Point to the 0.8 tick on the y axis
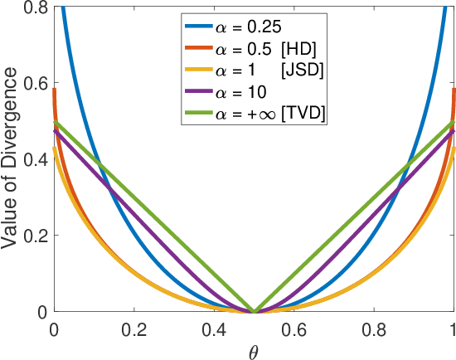pos(34,7)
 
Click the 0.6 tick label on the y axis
pos(34,84)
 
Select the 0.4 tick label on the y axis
pos(34,160)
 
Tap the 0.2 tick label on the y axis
pos(34,236)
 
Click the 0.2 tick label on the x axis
pos(133,328)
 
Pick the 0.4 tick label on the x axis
pos(214,328)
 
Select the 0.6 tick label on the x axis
pos(294,328)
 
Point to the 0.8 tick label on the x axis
pos(374,328)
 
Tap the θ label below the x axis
pos(254,349)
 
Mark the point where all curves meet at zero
pos(254,312)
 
